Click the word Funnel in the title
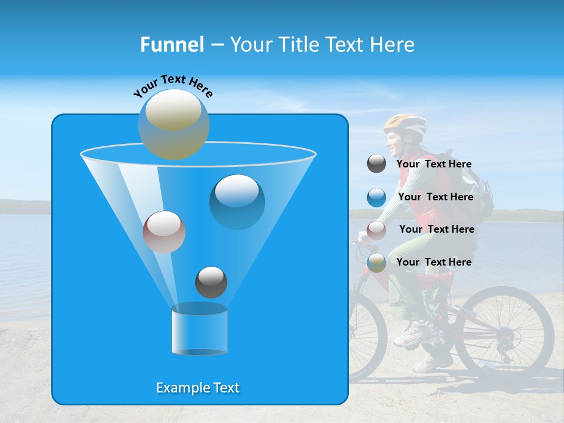tap(172, 45)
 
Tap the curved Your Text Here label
tap(173, 85)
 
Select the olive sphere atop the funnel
tap(174, 124)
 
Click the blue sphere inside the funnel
tap(237, 202)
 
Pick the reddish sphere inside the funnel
tap(164, 232)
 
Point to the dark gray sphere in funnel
tap(211, 283)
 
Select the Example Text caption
tap(198, 388)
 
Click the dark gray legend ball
tap(377, 164)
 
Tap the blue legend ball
tap(377, 197)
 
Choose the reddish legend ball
tap(377, 230)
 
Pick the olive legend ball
tap(377, 263)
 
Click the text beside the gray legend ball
tap(434, 164)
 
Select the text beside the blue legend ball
tap(435, 197)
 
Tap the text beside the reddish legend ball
tap(437, 230)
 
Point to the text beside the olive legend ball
tap(434, 263)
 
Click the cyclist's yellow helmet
tap(405, 124)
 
